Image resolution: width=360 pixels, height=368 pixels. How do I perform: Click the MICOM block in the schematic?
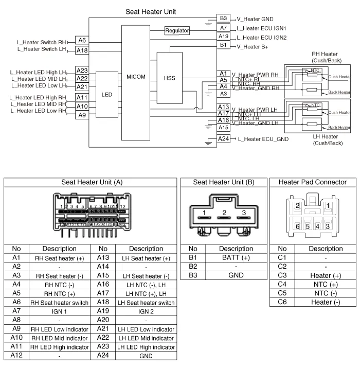pyautogui.click(x=136, y=77)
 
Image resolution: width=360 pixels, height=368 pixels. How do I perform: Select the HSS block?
pyautogui.click(x=169, y=78)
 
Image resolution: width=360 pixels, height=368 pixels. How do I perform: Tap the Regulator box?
pyautogui.click(x=177, y=31)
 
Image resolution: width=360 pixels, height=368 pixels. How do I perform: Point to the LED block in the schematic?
pyautogui.click(x=107, y=95)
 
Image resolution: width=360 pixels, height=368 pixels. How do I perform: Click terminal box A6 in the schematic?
pyautogui.click(x=82, y=40)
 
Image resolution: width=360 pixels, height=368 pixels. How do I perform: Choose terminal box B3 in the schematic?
pyautogui.click(x=223, y=19)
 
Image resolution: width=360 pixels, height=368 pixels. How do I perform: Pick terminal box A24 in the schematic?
pyautogui.click(x=223, y=139)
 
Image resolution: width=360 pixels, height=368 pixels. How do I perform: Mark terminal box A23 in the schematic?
pyautogui.click(x=82, y=71)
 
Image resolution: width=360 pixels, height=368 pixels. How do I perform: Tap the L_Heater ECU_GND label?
pyautogui.click(x=262, y=139)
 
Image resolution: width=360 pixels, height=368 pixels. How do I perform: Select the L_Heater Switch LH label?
pyautogui.click(x=42, y=49)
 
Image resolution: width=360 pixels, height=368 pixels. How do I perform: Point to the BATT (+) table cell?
pyautogui.click(x=236, y=257)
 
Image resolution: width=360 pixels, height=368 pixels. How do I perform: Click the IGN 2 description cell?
pyautogui.click(x=146, y=311)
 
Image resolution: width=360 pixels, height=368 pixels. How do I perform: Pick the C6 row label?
pyautogui.click(x=282, y=302)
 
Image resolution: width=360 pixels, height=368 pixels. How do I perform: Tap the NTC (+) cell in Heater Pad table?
pyautogui.click(x=326, y=284)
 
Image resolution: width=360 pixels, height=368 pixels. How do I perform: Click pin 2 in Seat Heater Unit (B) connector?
pyautogui.click(x=224, y=213)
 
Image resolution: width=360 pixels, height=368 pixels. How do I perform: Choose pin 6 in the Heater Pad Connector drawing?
pyautogui.click(x=297, y=226)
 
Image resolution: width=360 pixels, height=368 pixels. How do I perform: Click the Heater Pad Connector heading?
pyautogui.click(x=312, y=182)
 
